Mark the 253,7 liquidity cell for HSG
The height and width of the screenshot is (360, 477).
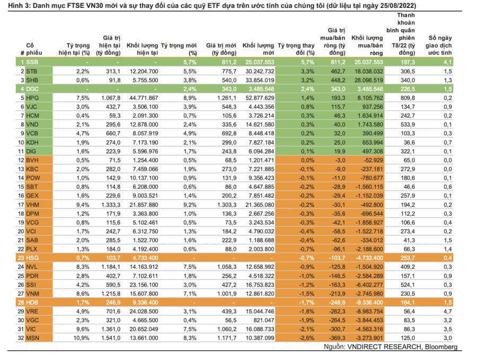405,257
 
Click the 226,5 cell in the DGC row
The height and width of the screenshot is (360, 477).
405,89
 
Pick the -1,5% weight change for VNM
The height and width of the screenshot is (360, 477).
299,293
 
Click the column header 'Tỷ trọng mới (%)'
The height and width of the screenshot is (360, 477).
179,49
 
